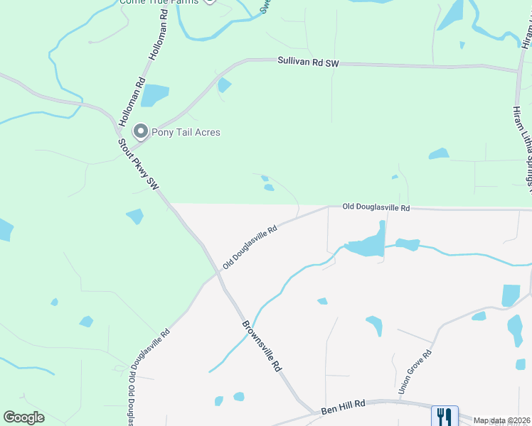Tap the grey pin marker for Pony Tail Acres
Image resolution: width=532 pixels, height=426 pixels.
pyautogui.click(x=141, y=131)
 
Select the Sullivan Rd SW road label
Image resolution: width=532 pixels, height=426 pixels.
pyautogui.click(x=309, y=63)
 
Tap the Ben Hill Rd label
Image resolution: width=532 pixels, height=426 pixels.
pyautogui.click(x=343, y=406)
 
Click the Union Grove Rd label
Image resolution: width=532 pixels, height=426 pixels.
pyautogui.click(x=416, y=372)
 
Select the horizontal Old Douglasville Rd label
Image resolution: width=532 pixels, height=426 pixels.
pyautogui.click(x=376, y=207)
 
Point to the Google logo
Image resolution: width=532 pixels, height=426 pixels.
pyautogui.click(x=23, y=417)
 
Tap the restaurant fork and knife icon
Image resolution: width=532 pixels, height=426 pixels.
pyautogui.click(x=444, y=415)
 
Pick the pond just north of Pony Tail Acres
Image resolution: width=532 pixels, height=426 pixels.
pyautogui.click(x=155, y=95)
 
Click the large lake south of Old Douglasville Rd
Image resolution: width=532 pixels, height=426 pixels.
pyautogui.click(x=368, y=244)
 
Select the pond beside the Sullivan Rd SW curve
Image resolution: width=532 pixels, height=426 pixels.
pyautogui.click(x=224, y=85)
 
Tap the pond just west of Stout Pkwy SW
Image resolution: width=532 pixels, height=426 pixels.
pyautogui.click(x=134, y=216)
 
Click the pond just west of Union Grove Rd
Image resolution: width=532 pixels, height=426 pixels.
pyautogui.click(x=375, y=324)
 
